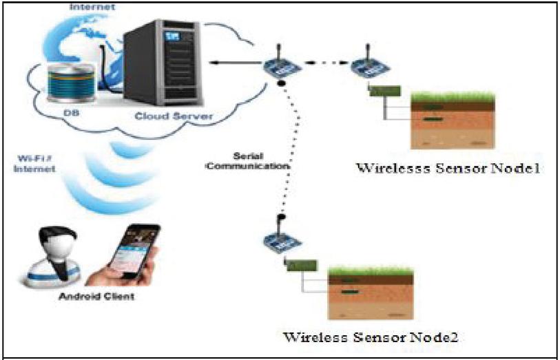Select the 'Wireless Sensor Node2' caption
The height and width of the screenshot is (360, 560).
371,337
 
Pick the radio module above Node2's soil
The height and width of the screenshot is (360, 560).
278,242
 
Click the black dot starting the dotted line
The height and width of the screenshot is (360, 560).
282,84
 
